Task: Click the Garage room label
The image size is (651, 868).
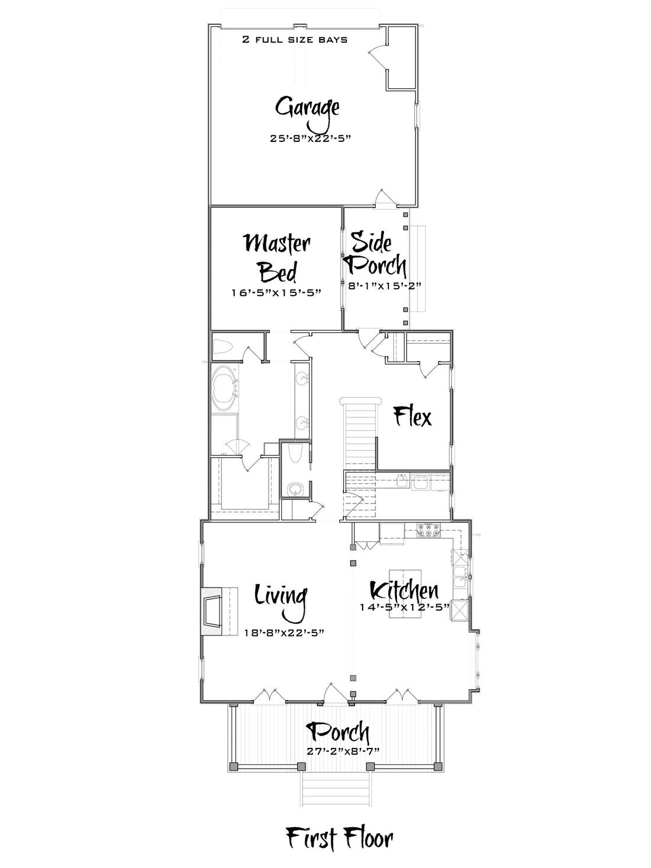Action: (x=307, y=111)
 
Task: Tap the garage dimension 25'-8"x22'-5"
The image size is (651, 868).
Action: (x=311, y=138)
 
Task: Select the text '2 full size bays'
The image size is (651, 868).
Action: (x=295, y=40)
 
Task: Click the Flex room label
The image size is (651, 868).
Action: (x=412, y=417)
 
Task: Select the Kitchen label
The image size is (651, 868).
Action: (x=404, y=591)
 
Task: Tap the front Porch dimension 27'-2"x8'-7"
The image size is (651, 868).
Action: (x=343, y=751)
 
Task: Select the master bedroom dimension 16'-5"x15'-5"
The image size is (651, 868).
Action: (x=276, y=293)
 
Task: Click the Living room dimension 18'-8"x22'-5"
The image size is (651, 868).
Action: (x=284, y=633)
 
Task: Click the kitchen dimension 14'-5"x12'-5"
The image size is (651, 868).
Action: (x=405, y=606)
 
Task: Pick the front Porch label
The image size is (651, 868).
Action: (x=338, y=733)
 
